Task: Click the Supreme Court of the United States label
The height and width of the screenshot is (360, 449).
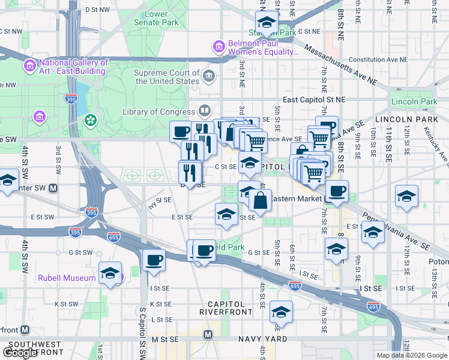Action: click(x=167, y=77)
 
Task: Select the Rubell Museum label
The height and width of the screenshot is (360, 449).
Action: click(x=67, y=278)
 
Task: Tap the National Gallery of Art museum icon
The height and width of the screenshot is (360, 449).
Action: click(x=28, y=65)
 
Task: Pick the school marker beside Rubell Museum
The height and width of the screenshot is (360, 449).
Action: click(x=110, y=273)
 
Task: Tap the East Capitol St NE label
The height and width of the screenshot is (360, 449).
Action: click(x=314, y=100)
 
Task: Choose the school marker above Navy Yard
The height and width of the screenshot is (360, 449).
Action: click(x=280, y=312)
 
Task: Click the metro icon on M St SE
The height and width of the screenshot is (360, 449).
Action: click(x=208, y=334)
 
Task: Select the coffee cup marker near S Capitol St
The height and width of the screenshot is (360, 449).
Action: click(x=154, y=260)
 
